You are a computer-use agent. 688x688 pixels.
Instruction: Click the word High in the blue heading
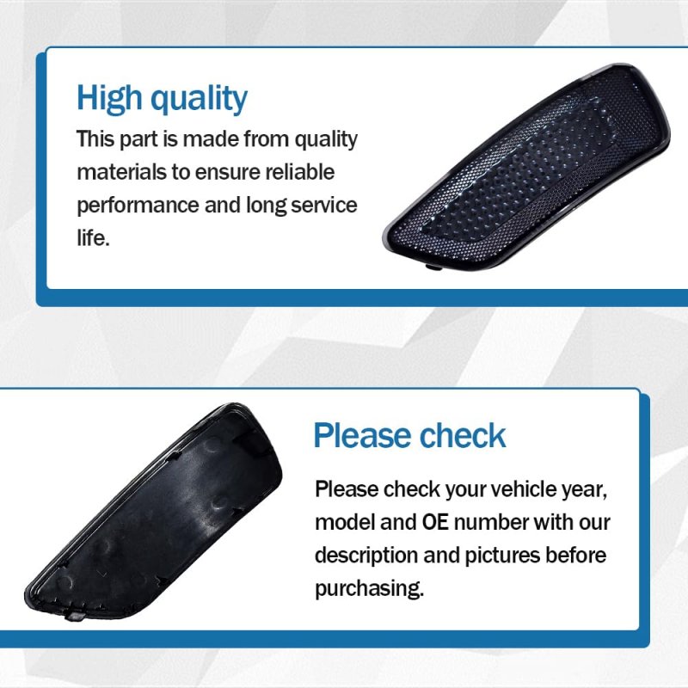click(109, 99)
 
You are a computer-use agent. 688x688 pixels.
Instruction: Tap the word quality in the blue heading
click(199, 100)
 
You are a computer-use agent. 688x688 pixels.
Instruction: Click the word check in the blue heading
click(463, 435)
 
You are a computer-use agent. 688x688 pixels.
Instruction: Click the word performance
click(138, 206)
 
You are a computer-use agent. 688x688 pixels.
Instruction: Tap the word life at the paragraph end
click(93, 238)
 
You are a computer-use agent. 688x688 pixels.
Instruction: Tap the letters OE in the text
click(435, 522)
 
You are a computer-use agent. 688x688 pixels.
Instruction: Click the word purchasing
click(370, 589)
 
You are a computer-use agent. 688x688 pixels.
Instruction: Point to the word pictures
click(501, 556)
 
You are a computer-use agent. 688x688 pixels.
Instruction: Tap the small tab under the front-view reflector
click(433, 267)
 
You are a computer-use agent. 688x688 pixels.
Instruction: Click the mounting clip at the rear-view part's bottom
click(75, 616)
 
